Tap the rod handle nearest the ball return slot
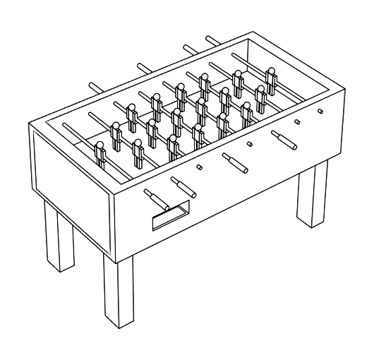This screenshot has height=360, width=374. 155,197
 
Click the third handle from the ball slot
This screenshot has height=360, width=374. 234,162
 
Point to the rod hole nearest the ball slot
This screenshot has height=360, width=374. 199,167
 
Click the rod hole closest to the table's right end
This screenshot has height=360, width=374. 320,111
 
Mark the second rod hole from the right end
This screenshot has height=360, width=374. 296,122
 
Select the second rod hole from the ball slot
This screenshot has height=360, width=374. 249,144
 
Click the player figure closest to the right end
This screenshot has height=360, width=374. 270,76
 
